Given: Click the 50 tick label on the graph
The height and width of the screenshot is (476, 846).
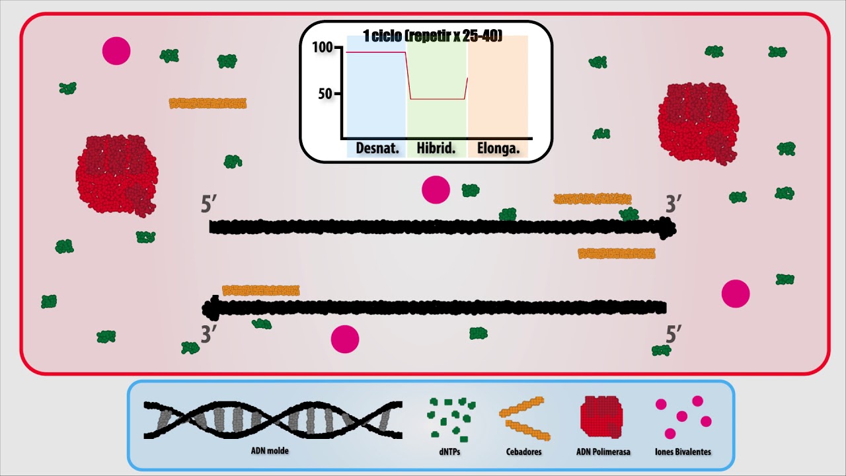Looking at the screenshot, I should (x=325, y=94).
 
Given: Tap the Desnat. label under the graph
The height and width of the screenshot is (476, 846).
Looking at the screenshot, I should (x=377, y=149).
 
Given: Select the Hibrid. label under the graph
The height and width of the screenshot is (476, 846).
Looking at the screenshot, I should (x=436, y=149).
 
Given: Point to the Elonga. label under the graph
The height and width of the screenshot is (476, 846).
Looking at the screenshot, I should (x=498, y=149).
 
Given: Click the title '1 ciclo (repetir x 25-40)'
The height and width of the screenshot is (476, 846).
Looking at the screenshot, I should (x=433, y=36).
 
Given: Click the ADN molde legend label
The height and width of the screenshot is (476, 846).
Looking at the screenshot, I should (x=270, y=451).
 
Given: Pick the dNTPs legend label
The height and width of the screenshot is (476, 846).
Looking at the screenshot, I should (x=451, y=452).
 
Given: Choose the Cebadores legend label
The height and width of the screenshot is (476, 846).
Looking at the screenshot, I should (x=524, y=452).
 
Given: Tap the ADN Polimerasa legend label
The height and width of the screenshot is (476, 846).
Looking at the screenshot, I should (x=603, y=452).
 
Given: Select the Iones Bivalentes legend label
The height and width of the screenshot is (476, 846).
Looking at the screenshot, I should (x=683, y=452).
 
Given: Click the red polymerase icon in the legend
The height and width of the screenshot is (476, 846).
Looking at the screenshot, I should (x=601, y=417).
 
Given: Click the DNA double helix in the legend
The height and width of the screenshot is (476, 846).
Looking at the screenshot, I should (x=273, y=420).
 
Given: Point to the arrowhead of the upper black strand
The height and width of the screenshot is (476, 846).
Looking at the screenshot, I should (x=668, y=229).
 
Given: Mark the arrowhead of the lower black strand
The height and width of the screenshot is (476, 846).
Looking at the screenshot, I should (x=211, y=307).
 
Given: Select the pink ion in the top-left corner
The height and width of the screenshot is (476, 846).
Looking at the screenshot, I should (x=116, y=51).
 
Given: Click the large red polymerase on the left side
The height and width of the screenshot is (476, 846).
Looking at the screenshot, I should (x=117, y=175).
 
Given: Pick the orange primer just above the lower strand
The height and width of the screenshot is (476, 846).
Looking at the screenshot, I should (x=261, y=290).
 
